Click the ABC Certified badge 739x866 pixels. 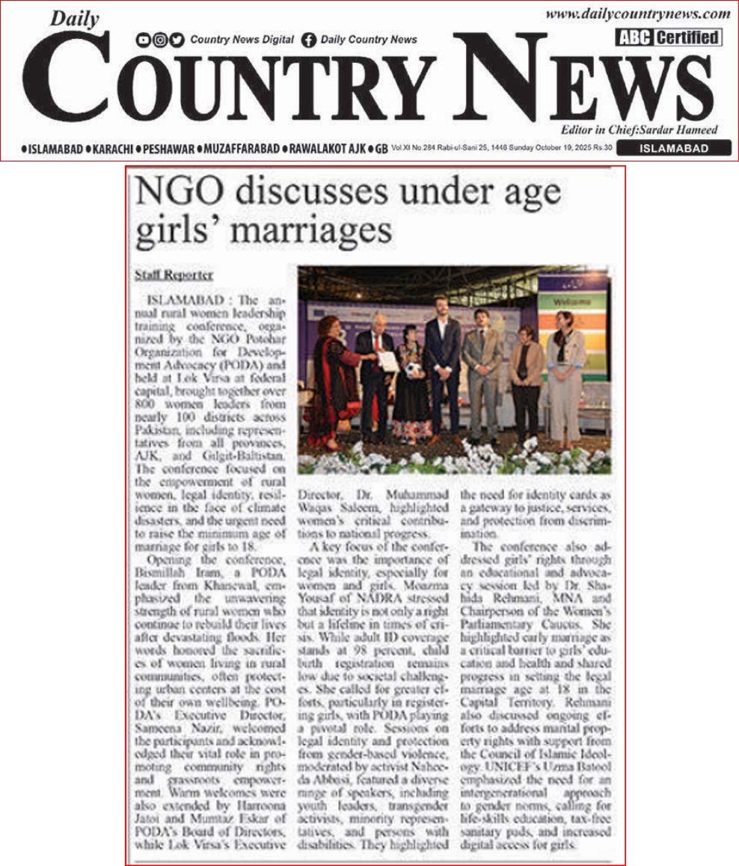(x=669, y=37)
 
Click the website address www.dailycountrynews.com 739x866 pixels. (x=637, y=13)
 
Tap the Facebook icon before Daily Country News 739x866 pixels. (x=309, y=40)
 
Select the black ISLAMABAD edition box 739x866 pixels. (x=684, y=148)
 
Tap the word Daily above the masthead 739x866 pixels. (x=74, y=20)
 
